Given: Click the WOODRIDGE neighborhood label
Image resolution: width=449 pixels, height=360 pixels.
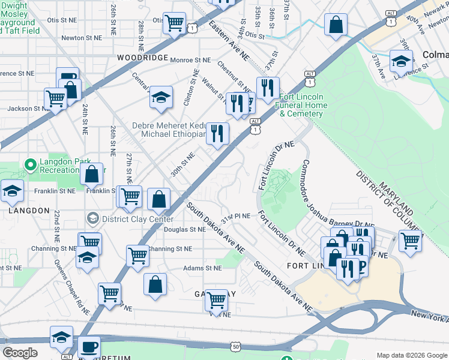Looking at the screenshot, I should click(142, 57).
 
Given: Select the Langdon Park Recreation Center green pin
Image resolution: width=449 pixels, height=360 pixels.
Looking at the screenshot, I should click(29, 164).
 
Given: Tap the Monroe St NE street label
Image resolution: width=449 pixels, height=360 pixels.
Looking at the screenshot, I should click(190, 60).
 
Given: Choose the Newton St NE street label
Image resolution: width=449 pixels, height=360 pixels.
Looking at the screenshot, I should click(84, 37).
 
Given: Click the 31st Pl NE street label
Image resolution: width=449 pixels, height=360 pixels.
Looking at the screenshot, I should click(235, 218).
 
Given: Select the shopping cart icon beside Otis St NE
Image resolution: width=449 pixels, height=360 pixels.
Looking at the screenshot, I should click(174, 23).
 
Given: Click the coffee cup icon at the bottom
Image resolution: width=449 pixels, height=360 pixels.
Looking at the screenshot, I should click(89, 347).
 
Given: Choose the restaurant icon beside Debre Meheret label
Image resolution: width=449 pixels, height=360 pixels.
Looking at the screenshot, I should click(217, 133).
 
